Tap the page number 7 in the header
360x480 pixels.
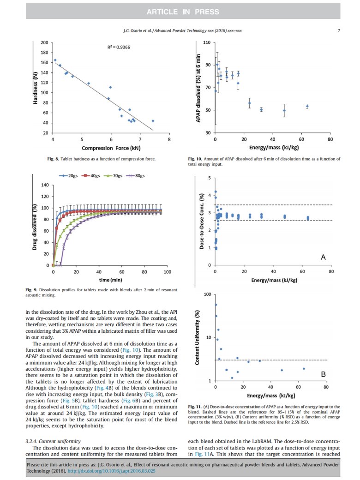point(339,31)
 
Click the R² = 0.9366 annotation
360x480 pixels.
point(116,47)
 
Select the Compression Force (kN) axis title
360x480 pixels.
point(110,148)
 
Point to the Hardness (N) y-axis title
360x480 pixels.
point(35,88)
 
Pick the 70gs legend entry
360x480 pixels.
point(117,176)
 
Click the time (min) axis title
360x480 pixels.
point(110,280)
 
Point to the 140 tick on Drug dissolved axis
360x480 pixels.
point(45,185)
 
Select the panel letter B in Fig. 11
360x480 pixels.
point(324,374)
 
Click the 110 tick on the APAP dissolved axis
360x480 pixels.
point(206,43)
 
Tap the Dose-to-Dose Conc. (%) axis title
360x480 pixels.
point(201,222)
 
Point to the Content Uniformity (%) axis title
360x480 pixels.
point(197,337)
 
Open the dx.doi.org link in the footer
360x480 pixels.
point(118,471)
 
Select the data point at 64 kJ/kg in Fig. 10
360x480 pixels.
point(307,106)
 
